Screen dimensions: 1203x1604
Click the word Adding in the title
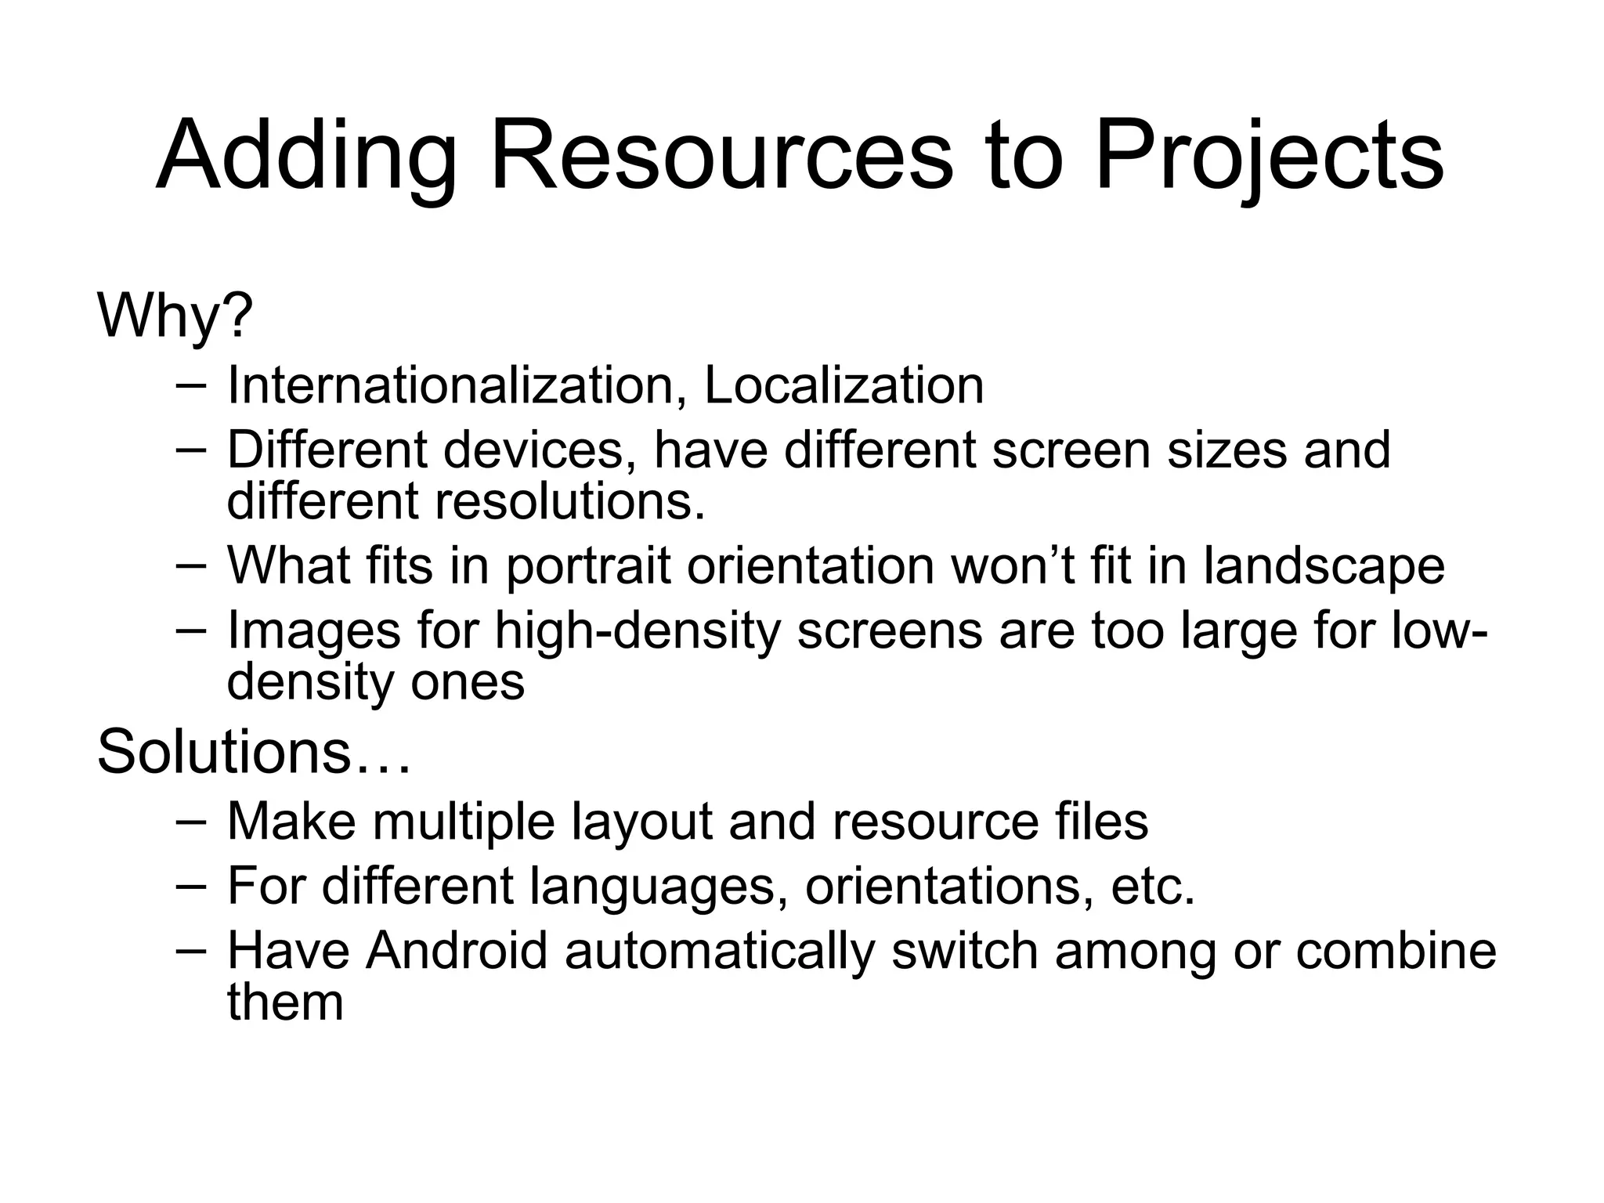click(306, 157)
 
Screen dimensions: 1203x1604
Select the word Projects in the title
click(1269, 157)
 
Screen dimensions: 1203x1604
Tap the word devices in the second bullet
click(540, 450)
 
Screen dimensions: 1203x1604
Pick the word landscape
click(1324, 566)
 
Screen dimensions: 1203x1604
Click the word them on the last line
click(285, 1002)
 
